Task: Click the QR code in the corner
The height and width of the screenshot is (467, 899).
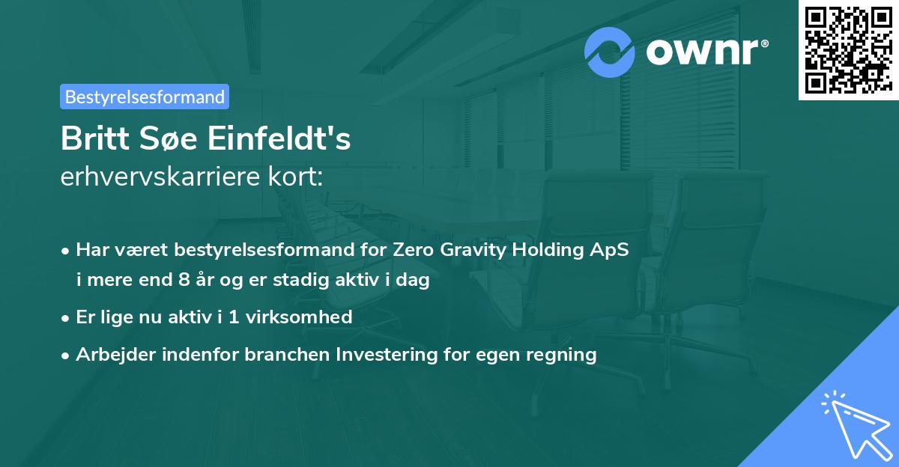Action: [x=847, y=49]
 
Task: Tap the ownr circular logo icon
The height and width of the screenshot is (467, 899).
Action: [x=610, y=52]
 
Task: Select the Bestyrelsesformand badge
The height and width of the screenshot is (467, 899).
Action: [x=145, y=97]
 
